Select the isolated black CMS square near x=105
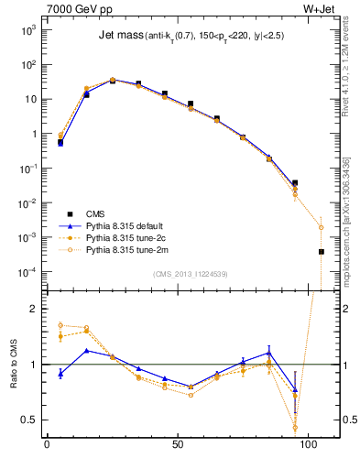(322, 251)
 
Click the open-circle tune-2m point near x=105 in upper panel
(322, 227)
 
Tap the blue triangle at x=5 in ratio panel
(60, 373)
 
